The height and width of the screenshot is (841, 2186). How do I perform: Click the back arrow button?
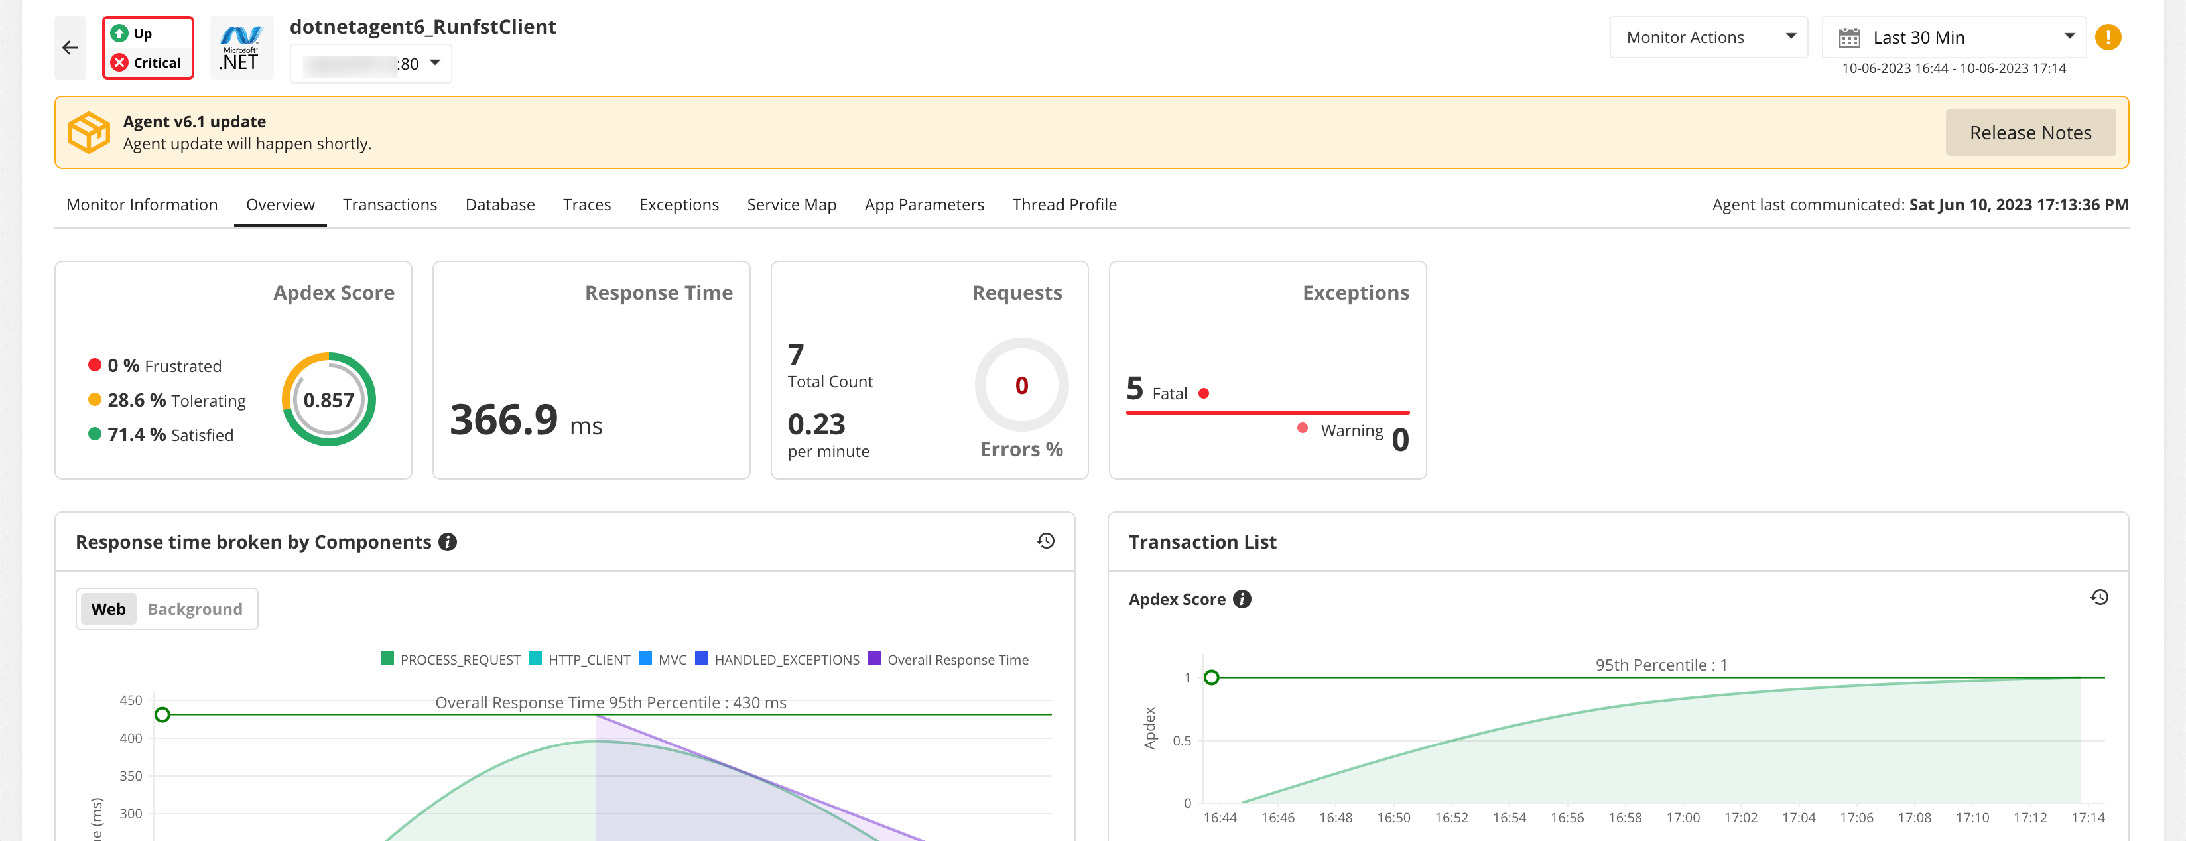(70, 48)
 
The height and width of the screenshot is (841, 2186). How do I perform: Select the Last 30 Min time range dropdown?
(1953, 37)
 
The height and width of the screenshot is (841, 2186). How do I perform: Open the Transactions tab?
(389, 204)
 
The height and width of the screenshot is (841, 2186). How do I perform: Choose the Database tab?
(500, 204)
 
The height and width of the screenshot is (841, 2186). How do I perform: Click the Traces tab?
(586, 204)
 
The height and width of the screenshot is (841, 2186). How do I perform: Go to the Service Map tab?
(791, 204)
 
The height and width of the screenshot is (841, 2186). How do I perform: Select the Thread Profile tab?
(1064, 204)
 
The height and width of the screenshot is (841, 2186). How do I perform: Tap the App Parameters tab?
(924, 204)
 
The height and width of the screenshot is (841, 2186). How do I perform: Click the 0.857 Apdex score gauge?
(328, 400)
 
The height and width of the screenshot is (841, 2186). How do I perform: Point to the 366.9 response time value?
(504, 420)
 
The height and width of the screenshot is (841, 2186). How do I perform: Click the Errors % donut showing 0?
(1021, 385)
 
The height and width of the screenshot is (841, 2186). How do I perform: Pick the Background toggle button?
(194, 610)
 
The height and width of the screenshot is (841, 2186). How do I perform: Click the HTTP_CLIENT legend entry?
(580, 659)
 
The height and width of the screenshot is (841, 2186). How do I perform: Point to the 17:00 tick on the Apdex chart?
(1682, 817)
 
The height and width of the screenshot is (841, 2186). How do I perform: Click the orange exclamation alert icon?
(2108, 37)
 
